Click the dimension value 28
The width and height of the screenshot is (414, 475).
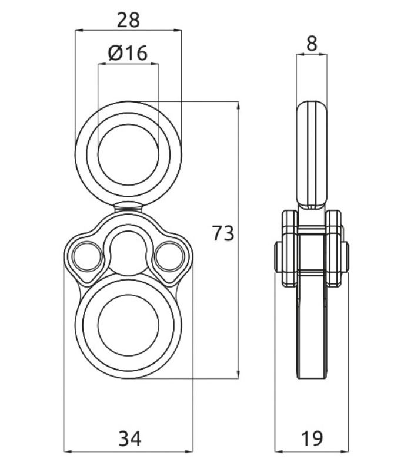128,21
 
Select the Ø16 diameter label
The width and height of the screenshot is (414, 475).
128,53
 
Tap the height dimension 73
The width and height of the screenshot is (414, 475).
223,233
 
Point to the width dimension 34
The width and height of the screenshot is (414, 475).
129,438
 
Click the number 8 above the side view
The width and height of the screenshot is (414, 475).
312,44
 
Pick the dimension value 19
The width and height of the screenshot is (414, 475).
312,438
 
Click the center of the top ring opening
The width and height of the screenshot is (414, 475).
128,154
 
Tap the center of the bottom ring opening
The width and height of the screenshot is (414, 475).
128,325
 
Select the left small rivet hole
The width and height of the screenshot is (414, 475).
88,257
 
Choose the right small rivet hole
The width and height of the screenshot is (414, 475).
169,257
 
